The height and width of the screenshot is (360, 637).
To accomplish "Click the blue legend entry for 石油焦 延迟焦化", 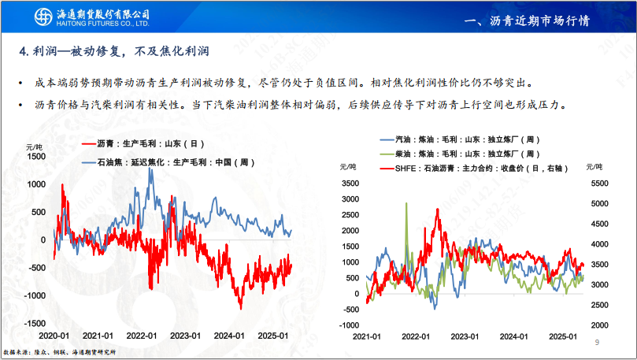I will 166,162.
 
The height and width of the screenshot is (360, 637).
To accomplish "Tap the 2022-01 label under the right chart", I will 417,336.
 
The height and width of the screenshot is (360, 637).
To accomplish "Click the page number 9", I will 597,343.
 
